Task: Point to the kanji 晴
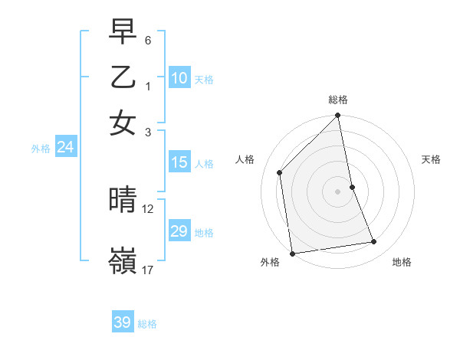pyautogui.click(x=123, y=201)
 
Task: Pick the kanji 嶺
pyautogui.click(x=123, y=260)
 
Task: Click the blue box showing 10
pyautogui.click(x=179, y=78)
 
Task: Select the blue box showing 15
pyautogui.click(x=179, y=162)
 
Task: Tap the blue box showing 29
pyautogui.click(x=179, y=231)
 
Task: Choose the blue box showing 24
pyautogui.click(x=65, y=148)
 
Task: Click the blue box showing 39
pyautogui.click(x=123, y=322)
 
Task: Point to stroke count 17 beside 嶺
pyautogui.click(x=148, y=270)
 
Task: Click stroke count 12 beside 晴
pyautogui.click(x=148, y=208)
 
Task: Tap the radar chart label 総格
pyautogui.click(x=338, y=100)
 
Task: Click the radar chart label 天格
pyautogui.click(x=432, y=159)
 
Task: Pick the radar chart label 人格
pyautogui.click(x=245, y=159)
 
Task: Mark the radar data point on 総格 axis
pyautogui.click(x=338, y=116)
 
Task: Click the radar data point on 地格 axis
pyautogui.click(x=374, y=242)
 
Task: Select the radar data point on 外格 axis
pyautogui.click(x=292, y=254)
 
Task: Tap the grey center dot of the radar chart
pyautogui.click(x=338, y=191)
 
